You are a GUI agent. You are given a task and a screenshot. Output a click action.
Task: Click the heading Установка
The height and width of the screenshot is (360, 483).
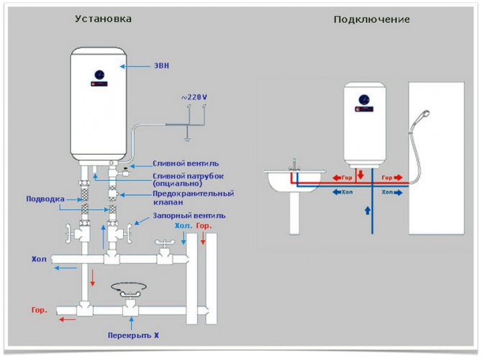pos(104,19)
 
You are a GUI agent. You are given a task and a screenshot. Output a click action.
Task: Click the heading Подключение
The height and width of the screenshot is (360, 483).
pos(371,19)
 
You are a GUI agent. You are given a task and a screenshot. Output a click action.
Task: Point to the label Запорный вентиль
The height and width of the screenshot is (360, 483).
pos(189,215)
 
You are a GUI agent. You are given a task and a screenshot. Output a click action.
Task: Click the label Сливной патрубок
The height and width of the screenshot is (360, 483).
pos(184,176)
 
